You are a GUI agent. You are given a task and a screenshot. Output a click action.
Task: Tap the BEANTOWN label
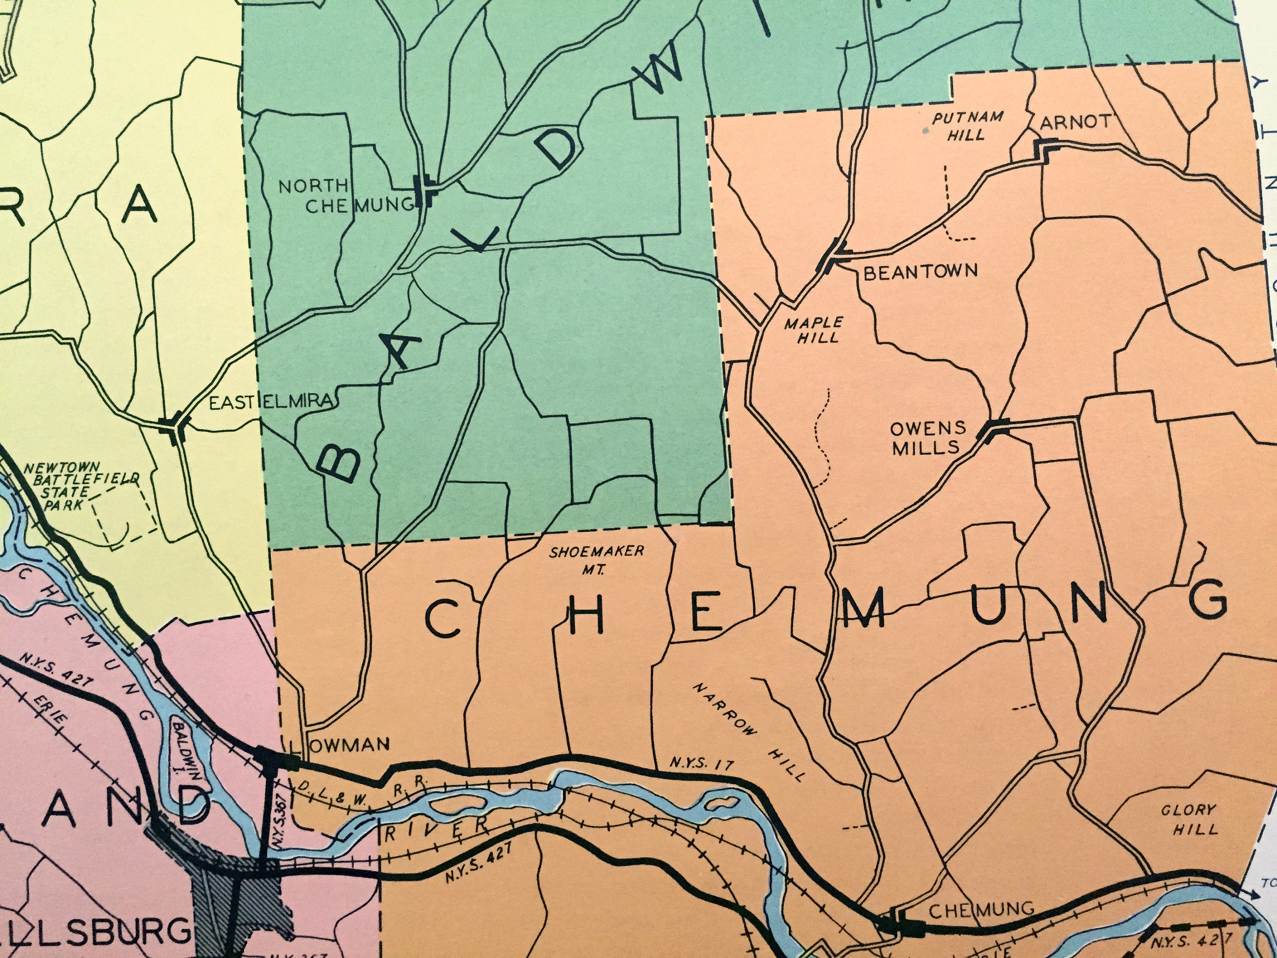[x=920, y=271]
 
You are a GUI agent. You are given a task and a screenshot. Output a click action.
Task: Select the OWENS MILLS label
[x=928, y=437]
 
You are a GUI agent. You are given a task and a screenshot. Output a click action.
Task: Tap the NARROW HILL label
[x=748, y=732]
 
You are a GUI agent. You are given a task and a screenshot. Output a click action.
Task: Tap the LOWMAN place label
[x=341, y=744]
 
